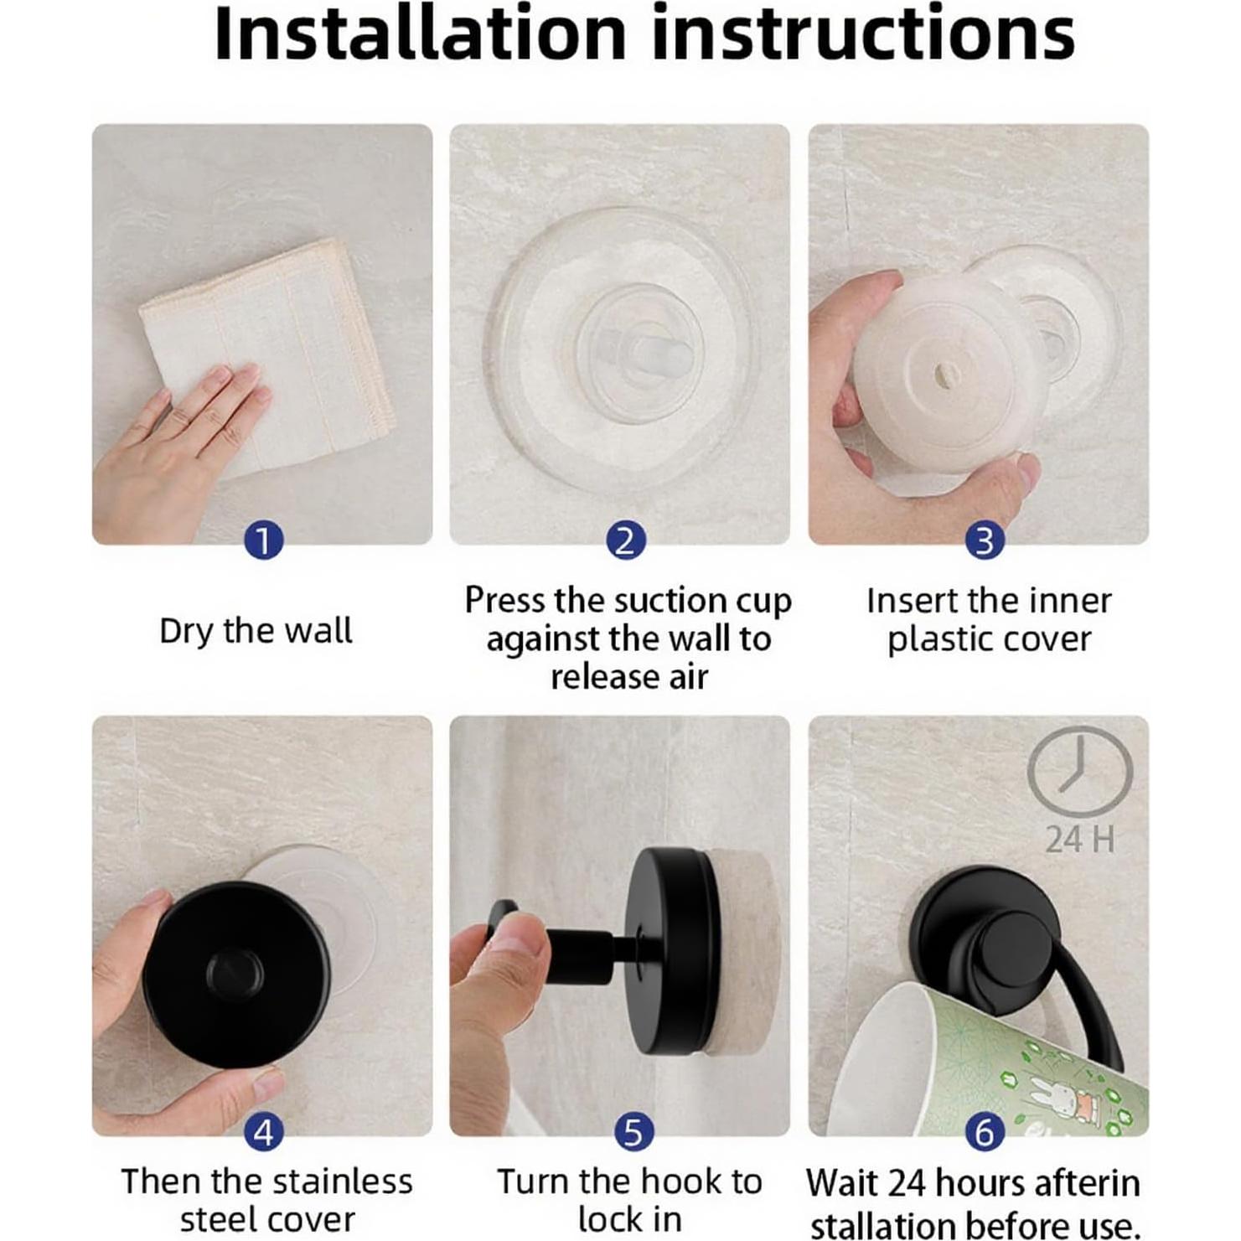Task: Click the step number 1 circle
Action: coord(263,540)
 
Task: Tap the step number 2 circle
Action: coord(626,540)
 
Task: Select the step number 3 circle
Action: coord(985,540)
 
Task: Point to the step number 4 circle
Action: coord(263,1132)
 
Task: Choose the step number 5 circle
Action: coord(633,1132)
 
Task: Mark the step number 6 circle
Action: coord(985,1132)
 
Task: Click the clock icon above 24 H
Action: coord(1080,771)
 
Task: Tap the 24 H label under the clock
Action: coord(1080,840)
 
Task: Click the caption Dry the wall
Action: coord(256,631)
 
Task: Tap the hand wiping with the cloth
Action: coord(180,452)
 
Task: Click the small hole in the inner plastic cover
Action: coord(943,375)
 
